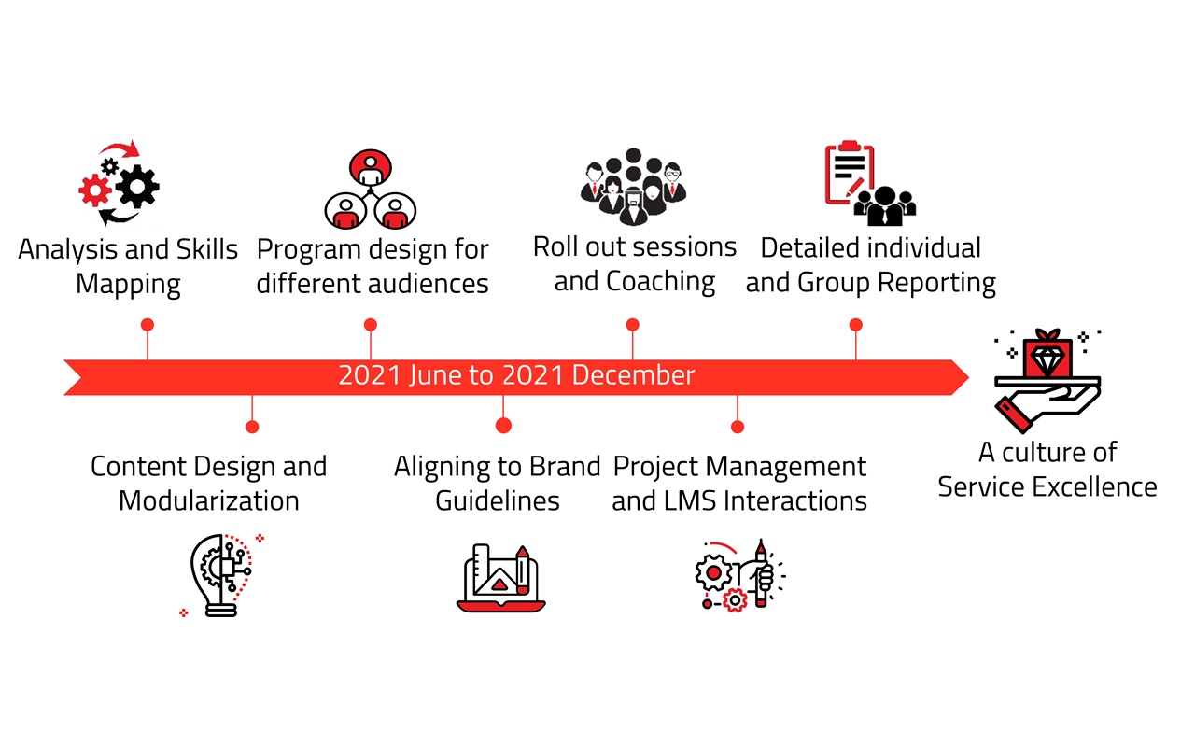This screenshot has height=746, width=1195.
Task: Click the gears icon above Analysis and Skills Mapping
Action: point(119,182)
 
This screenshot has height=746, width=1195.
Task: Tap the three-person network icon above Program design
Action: point(371,190)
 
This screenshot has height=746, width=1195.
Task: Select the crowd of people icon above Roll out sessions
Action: point(633,186)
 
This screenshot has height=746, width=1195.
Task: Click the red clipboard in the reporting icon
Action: point(850,173)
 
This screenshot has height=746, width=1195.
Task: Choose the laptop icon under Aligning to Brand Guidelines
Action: point(501,578)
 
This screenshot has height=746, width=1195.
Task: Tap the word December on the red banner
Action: point(633,375)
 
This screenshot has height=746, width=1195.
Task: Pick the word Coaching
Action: point(660,282)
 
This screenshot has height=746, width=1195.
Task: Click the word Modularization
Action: point(208,501)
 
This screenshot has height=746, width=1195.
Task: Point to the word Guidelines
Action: point(498,501)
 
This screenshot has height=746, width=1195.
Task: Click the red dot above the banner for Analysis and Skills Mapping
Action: point(148,324)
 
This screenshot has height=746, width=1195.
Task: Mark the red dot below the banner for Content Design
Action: point(252,427)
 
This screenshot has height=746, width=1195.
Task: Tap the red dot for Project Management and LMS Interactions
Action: point(738,427)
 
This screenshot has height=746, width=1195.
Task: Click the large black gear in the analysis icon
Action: point(137,186)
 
